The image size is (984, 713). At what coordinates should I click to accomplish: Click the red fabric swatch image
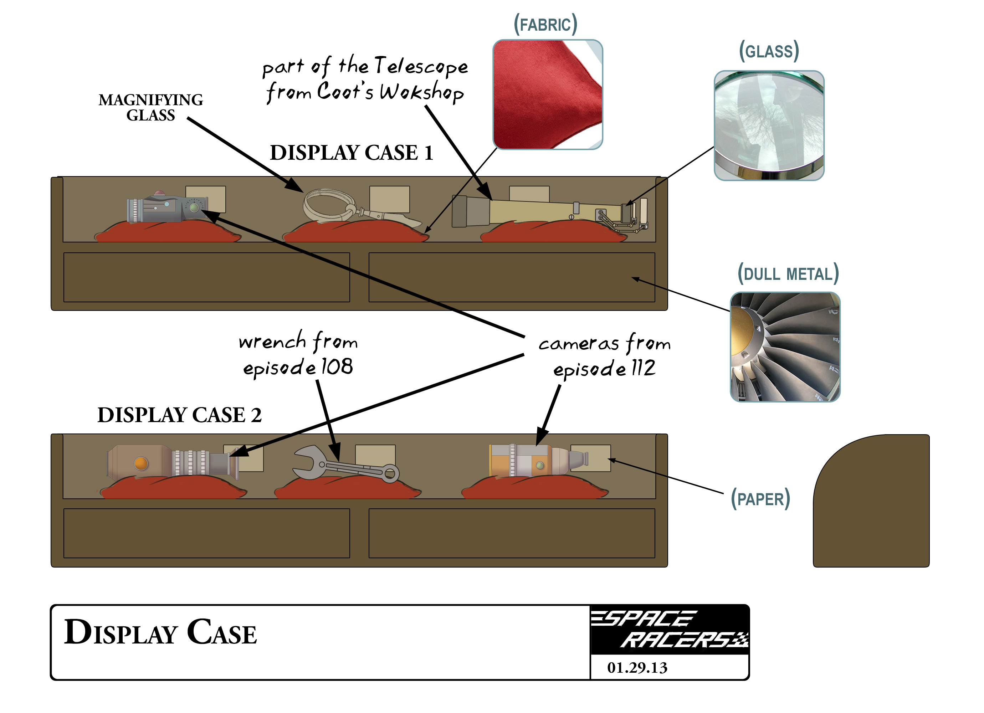pos(548,94)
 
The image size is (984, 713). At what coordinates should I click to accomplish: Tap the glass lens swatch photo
pos(769,125)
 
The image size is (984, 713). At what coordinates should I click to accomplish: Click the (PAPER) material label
pos(760,499)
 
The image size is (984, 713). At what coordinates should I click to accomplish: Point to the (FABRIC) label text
pos(545,25)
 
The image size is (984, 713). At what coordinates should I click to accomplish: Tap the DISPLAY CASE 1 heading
pos(352,153)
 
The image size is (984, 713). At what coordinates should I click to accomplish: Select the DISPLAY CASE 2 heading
pos(179,415)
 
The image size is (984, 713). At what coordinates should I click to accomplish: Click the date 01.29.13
pos(637,667)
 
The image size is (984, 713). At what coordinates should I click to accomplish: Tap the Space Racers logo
pos(670,629)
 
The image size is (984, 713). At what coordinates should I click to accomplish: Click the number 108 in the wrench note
pos(337,367)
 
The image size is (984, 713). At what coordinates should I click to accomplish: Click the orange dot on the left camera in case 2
pos(141,463)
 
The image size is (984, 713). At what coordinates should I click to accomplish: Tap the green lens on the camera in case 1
pos(194,207)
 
